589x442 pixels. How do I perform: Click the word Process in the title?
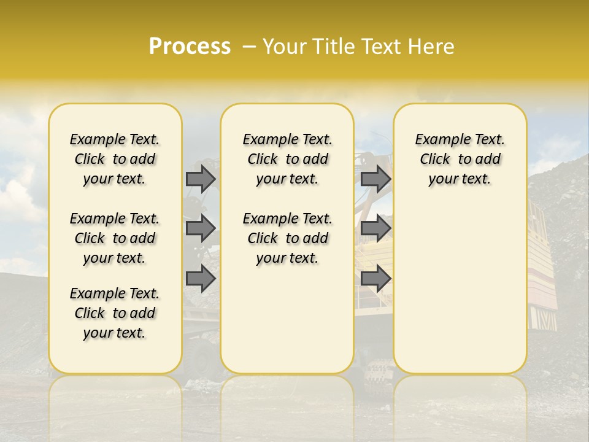pos(190,47)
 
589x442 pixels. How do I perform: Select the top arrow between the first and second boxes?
pos(201,179)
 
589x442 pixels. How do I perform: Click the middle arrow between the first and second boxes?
pos(201,229)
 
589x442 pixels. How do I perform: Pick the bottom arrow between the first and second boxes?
pos(201,279)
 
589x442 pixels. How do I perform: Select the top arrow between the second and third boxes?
pos(375,179)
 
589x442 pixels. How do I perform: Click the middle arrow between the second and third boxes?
pos(375,229)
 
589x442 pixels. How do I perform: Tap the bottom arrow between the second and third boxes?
pos(375,279)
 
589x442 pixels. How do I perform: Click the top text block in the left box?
pos(115,159)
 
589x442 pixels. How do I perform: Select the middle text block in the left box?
pos(115,238)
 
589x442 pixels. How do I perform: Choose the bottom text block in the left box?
pos(115,313)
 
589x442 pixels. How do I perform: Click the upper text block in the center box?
pos(287,159)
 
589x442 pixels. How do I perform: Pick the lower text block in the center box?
pos(287,238)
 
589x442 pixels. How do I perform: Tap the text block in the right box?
pos(460,159)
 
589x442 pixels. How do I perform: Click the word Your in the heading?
pos(285,47)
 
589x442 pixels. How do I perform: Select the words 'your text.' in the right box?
pos(460,179)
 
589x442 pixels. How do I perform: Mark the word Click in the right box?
pos(435,160)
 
